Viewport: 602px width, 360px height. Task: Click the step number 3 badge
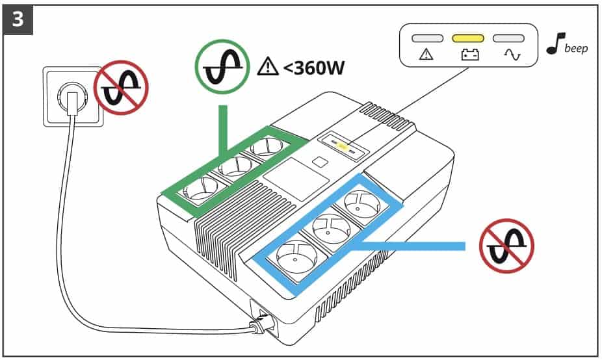(x=18, y=19)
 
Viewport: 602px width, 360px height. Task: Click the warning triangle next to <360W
(x=267, y=66)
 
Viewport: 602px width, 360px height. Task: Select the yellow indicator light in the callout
(x=467, y=38)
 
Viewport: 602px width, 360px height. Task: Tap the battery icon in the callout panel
(x=467, y=56)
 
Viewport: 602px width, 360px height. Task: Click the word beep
(x=576, y=49)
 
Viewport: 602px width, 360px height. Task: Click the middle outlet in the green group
(x=233, y=168)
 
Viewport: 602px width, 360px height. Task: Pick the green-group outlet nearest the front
(x=202, y=189)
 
